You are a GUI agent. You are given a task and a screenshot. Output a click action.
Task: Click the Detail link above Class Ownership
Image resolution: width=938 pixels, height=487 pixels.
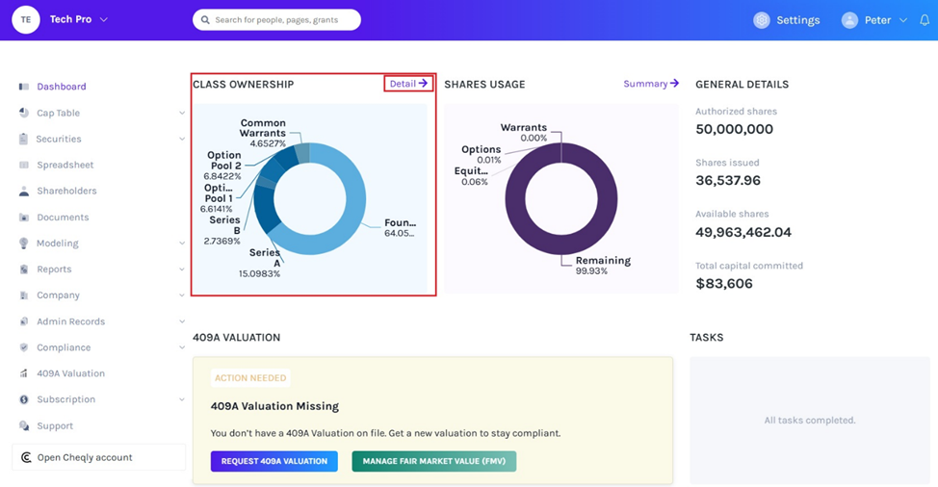(x=407, y=84)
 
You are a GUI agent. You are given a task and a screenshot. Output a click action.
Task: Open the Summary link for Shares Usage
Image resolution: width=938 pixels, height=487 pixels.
(x=650, y=84)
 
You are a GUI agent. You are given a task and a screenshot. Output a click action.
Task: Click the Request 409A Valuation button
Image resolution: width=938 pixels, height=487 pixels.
(x=274, y=461)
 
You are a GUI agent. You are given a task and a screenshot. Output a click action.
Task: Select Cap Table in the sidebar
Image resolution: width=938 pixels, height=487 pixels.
(x=58, y=113)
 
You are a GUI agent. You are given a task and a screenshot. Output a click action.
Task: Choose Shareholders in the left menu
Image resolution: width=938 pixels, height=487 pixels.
(x=66, y=191)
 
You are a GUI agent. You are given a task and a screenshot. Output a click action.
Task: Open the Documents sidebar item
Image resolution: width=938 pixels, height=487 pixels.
(x=63, y=218)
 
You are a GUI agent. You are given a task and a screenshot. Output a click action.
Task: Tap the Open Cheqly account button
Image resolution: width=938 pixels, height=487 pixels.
(x=84, y=457)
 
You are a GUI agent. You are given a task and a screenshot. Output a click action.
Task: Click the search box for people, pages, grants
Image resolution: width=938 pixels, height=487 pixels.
(x=276, y=19)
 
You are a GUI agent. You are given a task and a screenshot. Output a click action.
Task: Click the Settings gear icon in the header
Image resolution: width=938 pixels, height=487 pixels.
(x=762, y=20)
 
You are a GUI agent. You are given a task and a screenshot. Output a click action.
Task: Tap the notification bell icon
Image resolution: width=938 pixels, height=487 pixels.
(x=924, y=20)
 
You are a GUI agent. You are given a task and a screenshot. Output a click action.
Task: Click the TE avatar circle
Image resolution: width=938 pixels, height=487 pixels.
(x=26, y=19)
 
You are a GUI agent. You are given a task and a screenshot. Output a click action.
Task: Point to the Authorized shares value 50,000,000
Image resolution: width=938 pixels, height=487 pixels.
(x=734, y=129)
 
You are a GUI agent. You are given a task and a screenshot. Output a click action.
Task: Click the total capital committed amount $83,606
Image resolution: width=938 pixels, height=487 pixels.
(x=723, y=284)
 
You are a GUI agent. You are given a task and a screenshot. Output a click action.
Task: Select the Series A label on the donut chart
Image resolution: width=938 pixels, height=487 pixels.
(x=264, y=258)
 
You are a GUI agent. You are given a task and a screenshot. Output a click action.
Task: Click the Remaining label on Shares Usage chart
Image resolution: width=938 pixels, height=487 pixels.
(x=603, y=261)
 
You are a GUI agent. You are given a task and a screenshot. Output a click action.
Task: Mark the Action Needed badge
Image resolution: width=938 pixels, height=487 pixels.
(x=250, y=378)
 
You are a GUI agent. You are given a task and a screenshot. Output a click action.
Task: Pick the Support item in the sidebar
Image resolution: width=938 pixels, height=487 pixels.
(x=55, y=425)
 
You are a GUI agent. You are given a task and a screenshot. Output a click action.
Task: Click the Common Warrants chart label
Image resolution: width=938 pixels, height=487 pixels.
(x=263, y=128)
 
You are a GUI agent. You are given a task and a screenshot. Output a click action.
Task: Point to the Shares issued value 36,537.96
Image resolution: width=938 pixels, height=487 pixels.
(x=728, y=180)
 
